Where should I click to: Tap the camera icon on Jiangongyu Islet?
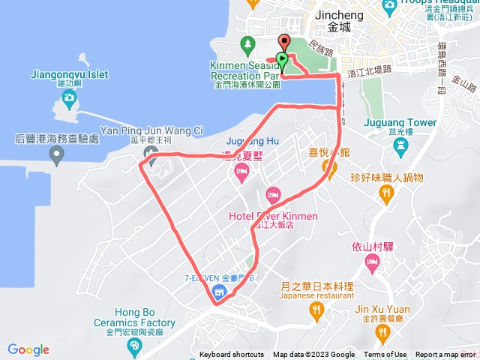point(69,97)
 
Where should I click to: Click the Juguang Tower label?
point(400,122)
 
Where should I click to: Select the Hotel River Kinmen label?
point(273,216)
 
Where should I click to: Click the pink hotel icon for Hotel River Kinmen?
point(273,194)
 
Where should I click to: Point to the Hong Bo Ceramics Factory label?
point(145,318)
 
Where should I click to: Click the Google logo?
point(28,349)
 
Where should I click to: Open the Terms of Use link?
point(385,355)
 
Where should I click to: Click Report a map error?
point(445,355)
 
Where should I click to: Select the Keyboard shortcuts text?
point(232,355)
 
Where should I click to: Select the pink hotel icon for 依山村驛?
point(373,263)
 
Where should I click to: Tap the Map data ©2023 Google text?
point(313,355)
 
